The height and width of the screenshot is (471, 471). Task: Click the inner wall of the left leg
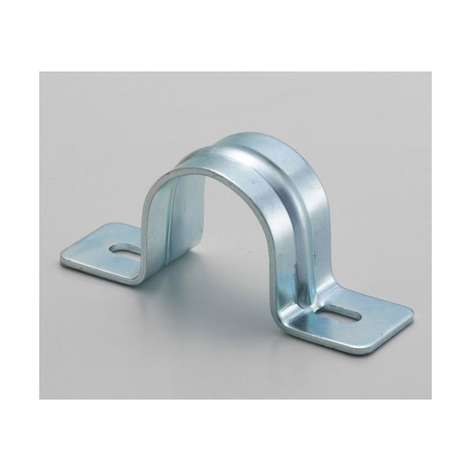pos(177,228)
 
